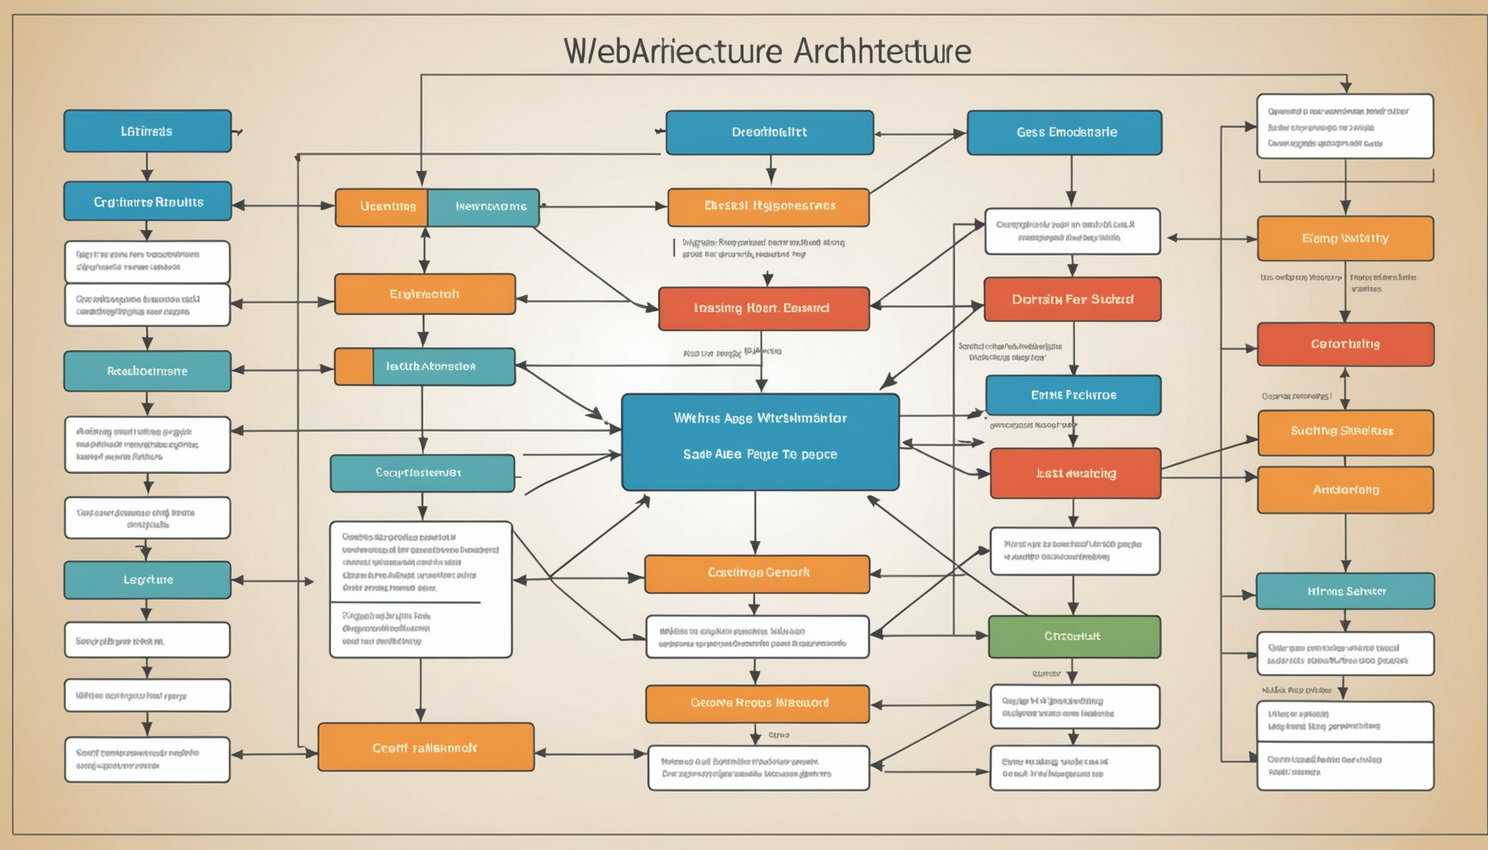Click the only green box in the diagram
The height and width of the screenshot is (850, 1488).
coord(1074,636)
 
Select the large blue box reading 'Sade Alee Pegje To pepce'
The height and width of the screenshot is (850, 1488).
coord(760,442)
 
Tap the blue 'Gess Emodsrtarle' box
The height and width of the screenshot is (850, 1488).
coord(1064,133)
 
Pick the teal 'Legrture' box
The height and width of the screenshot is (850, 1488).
coord(148,580)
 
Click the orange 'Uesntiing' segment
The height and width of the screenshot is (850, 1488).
coord(382,207)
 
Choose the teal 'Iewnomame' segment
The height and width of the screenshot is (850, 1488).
coord(484,207)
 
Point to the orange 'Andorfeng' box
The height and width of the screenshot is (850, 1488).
coord(1345,490)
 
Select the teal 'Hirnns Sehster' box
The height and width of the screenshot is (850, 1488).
coord(1345,591)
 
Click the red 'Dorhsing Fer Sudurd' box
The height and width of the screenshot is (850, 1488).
coord(1072,300)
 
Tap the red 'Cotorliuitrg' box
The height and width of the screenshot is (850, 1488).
coord(1345,344)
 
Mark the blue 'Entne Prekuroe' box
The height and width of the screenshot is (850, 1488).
coord(1072,395)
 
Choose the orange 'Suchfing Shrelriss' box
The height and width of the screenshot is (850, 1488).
coord(1345,432)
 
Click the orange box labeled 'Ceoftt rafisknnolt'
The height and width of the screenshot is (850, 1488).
coord(426,747)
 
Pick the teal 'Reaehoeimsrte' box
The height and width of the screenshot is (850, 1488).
coord(148,371)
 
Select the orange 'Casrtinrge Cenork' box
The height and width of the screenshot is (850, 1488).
coord(757,573)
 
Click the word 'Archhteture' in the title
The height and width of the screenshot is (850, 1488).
coord(883,52)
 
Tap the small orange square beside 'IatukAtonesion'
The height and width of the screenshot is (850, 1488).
coord(354,367)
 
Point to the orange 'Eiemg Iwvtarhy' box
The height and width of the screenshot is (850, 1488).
coord(1345,238)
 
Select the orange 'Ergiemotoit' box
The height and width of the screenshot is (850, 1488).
coord(424,294)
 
